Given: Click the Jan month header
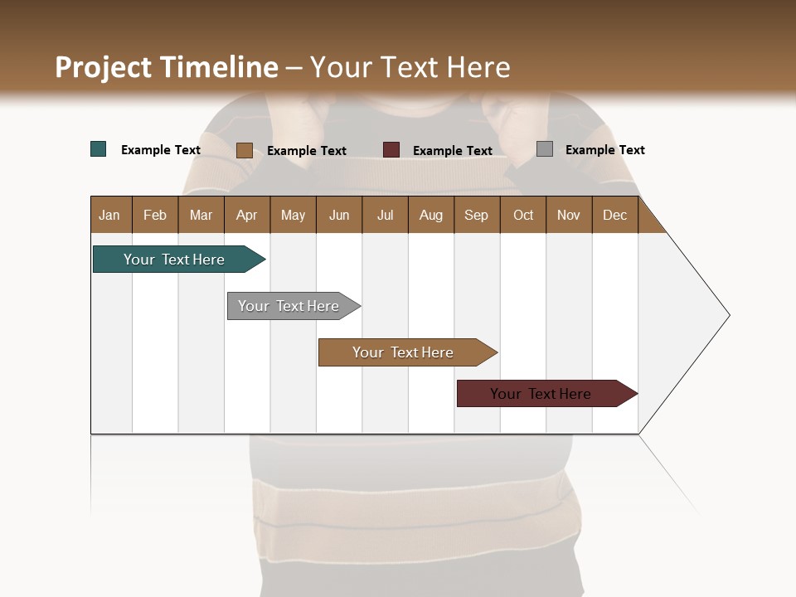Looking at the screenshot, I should pyautogui.click(x=109, y=215).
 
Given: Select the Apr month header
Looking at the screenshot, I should pyautogui.click(x=247, y=215).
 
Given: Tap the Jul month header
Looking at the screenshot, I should pyautogui.click(x=386, y=215).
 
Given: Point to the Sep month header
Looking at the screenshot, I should pyautogui.click(x=476, y=215).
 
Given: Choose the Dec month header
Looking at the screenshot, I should pyautogui.click(x=614, y=215).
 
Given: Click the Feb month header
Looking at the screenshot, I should pyautogui.click(x=155, y=215).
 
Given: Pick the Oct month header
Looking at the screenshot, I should pyautogui.click(x=523, y=215).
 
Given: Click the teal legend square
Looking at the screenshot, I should pyautogui.click(x=99, y=149).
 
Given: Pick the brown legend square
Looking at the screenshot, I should pyautogui.click(x=245, y=150).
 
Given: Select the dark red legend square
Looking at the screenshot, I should pyautogui.click(x=391, y=150).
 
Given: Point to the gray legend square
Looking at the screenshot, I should pyautogui.click(x=545, y=149).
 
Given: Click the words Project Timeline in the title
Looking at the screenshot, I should pyautogui.click(x=167, y=67).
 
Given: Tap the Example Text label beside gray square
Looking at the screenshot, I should pyautogui.click(x=604, y=150).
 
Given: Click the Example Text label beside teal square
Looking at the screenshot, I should pyautogui.click(x=161, y=150).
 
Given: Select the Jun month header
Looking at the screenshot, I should pyautogui.click(x=339, y=215).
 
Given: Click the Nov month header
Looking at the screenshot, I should pyautogui.click(x=569, y=215).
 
